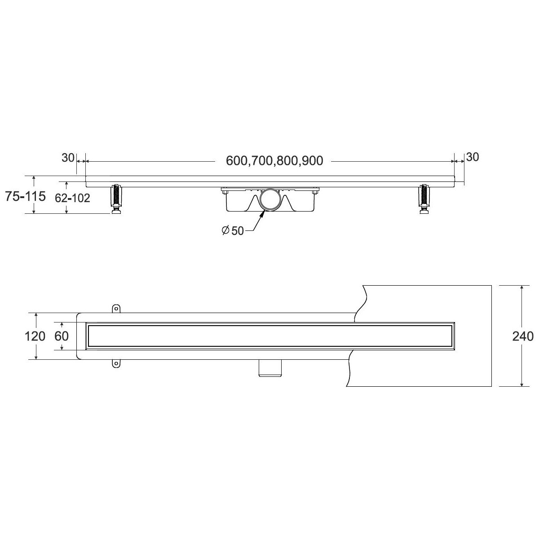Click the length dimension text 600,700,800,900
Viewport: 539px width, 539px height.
[274, 161]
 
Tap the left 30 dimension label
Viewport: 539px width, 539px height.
[68, 158]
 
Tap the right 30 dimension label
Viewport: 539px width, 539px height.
[473, 157]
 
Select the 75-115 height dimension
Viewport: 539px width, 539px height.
[25, 196]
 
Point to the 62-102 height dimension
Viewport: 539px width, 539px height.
[72, 198]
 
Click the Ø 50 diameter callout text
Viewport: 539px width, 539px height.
[233, 231]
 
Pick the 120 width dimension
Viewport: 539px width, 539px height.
[35, 336]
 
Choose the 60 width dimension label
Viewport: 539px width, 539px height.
[62, 336]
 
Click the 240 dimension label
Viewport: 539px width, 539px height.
[523, 336]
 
